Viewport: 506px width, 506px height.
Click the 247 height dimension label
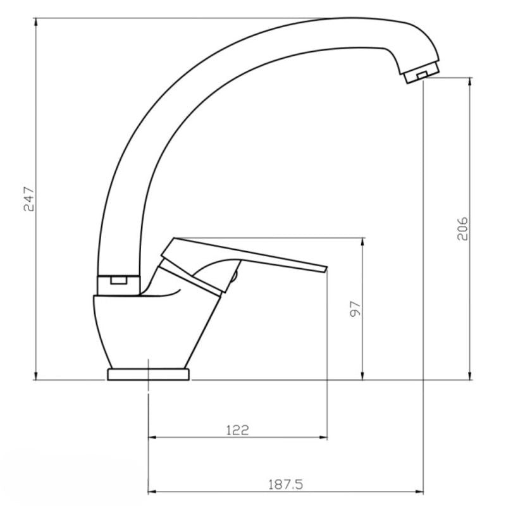(28, 199)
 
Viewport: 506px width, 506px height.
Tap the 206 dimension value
(462, 228)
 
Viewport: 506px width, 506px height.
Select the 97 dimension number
(355, 309)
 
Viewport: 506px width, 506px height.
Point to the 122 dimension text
(238, 430)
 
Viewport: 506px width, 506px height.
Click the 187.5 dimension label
(286, 484)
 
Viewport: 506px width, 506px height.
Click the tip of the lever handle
(326, 269)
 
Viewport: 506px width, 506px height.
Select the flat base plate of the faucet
(148, 374)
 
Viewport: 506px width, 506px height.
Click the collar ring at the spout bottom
(118, 285)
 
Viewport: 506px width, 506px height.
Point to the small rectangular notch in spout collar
(119, 280)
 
